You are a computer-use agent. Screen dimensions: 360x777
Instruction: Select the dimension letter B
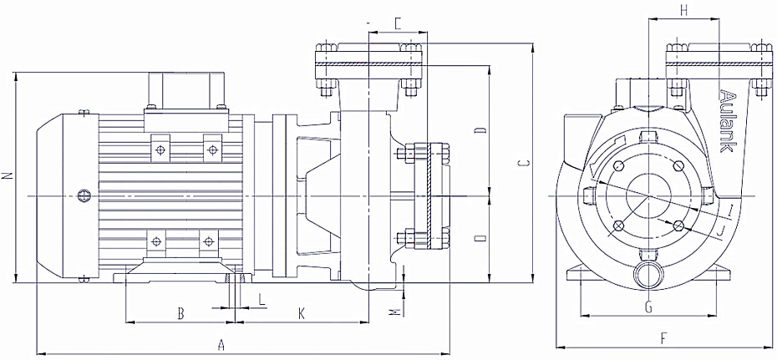click(180, 313)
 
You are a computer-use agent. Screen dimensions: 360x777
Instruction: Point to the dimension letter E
click(398, 23)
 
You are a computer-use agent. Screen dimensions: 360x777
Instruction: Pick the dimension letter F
click(663, 338)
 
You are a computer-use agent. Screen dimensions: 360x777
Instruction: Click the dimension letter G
click(647, 307)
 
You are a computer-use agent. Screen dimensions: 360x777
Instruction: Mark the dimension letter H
click(684, 10)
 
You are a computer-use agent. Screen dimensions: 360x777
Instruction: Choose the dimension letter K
click(302, 313)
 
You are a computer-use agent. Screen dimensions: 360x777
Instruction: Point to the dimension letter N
click(7, 176)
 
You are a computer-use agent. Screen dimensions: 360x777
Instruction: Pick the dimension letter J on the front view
click(720, 228)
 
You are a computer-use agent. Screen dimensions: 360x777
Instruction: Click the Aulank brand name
click(726, 120)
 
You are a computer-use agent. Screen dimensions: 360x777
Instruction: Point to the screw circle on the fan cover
click(83, 195)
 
